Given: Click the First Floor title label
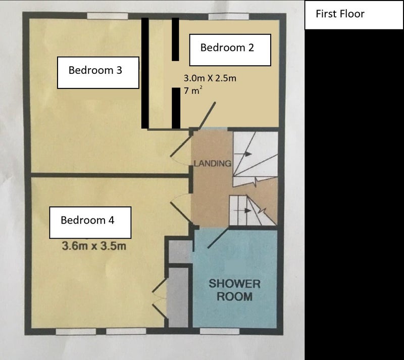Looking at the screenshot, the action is tap(340, 14).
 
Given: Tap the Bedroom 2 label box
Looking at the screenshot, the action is tap(230, 50).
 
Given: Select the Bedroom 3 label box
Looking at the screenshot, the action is tap(98, 72).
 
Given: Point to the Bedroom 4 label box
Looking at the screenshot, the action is tap(90, 222).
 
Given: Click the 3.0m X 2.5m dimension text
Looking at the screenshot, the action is tap(210, 78).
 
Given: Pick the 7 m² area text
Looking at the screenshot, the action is tap(193, 91).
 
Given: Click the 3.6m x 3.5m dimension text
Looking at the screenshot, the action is tap(94, 246).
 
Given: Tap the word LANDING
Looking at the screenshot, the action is tap(213, 163).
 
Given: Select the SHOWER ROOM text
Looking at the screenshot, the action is tap(234, 290).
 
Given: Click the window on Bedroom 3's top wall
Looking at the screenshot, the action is tap(108, 16).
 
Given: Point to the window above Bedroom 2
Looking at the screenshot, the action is tap(229, 16).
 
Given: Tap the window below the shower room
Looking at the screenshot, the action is tap(220, 331).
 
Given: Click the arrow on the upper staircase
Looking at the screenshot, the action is tap(243, 154).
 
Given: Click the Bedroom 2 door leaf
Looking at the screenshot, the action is tap(207, 115).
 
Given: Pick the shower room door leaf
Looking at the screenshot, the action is tap(218, 238).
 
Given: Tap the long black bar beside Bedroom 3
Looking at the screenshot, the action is tap(145, 73).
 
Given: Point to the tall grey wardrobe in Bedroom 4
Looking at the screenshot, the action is tap(178, 297).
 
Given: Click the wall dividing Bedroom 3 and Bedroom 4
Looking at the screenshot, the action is tap(111, 175).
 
